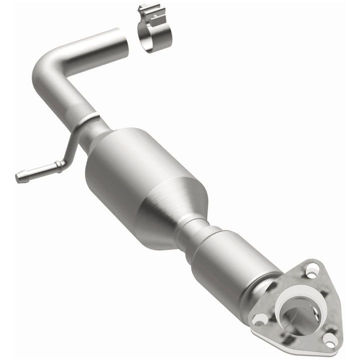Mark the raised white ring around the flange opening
coord(283,305)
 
